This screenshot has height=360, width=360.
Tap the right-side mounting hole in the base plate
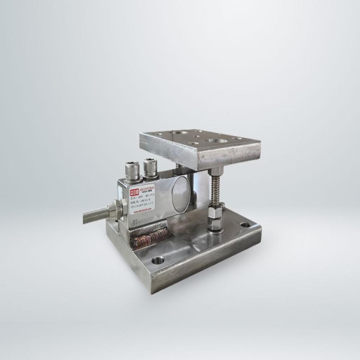246,225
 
